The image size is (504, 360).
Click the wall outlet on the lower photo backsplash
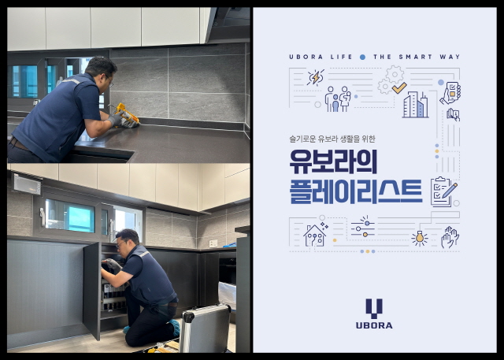point(213,243)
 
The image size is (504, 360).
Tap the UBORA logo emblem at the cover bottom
point(375,308)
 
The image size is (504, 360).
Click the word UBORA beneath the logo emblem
point(375,325)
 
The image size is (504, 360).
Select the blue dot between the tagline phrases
point(362,57)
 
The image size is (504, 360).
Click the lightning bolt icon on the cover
point(315,77)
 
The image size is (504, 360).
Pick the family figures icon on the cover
point(339,98)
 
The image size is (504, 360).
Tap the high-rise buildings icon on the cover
point(414,104)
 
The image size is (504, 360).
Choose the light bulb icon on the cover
point(419,237)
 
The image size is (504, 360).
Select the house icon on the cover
point(315,235)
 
